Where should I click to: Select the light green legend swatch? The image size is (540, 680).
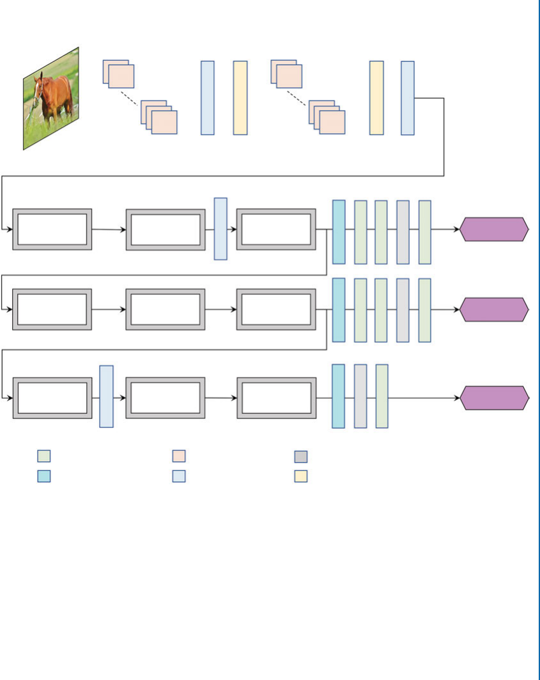point(44,456)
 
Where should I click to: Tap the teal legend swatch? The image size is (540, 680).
point(44,476)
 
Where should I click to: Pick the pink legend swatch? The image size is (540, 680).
point(179,456)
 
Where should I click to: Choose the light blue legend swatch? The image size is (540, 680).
point(179,476)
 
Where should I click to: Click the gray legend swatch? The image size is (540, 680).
point(301,456)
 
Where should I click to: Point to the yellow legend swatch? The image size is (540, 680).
point(301,476)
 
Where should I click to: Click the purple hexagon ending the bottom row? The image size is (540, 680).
point(495,398)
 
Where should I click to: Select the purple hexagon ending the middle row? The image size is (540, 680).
point(495,310)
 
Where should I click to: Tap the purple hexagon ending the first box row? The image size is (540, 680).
point(495,229)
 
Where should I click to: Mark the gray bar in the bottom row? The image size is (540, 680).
point(360,396)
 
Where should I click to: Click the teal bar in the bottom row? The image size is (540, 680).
point(338,396)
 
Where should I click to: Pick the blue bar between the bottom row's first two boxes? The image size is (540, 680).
point(106,396)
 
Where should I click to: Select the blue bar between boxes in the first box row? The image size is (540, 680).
point(220,228)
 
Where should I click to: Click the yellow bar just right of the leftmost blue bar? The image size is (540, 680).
point(240,98)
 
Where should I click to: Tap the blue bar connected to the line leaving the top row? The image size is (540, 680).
point(408,98)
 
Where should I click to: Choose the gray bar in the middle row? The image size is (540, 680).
point(403,310)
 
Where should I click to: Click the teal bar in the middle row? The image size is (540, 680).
point(339,310)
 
